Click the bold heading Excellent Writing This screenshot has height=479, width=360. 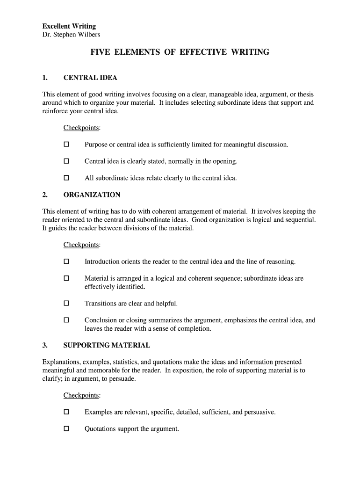[x=69, y=26]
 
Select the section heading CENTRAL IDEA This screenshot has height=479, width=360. [x=90, y=78]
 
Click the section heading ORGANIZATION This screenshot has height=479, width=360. [x=92, y=195]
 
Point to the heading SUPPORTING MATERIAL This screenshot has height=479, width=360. [x=107, y=345]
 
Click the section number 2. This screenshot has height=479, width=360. [x=45, y=195]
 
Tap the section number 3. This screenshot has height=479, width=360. [x=45, y=345]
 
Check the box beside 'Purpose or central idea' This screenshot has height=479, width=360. [x=66, y=145]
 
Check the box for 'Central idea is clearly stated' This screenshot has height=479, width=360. [x=66, y=161]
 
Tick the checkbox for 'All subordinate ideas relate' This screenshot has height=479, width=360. [x=66, y=178]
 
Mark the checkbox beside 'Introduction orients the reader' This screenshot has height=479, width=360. [x=66, y=261]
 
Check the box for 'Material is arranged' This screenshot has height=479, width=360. [x=66, y=278]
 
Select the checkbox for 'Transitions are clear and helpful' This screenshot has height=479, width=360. [x=66, y=304]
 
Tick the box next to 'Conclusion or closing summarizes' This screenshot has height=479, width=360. [x=66, y=320]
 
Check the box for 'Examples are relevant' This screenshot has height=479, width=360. [x=66, y=412]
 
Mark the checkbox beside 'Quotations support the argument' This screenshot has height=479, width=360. [x=66, y=429]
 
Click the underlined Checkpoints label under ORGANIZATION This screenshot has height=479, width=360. [x=81, y=245]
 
